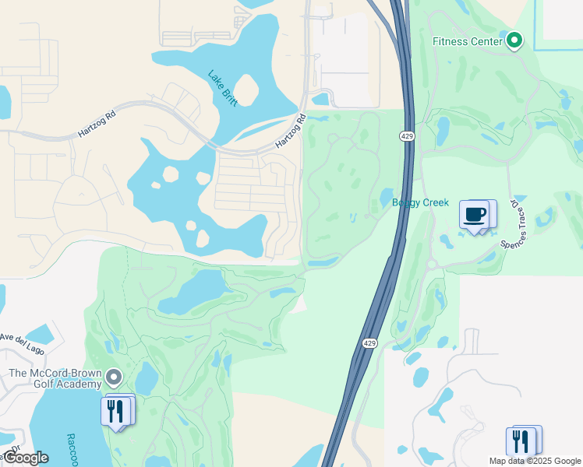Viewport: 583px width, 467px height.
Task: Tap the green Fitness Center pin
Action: click(514, 40)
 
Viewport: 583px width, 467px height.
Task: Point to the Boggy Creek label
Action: click(420, 202)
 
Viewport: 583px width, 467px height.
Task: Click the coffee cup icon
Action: click(474, 214)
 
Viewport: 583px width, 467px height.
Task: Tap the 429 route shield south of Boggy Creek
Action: click(370, 342)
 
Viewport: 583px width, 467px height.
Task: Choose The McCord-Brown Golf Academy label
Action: click(55, 378)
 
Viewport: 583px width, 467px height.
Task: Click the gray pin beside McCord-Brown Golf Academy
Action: click(115, 378)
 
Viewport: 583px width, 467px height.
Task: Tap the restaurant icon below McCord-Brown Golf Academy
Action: click(115, 409)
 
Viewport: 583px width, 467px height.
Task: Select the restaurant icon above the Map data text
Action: click(522, 441)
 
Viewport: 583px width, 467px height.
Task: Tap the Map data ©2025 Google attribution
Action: click(535, 461)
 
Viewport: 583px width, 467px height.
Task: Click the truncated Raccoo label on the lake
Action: click(71, 448)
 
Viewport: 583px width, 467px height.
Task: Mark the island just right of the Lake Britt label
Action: click(247, 90)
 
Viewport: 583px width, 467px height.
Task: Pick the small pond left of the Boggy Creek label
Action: click(387, 196)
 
